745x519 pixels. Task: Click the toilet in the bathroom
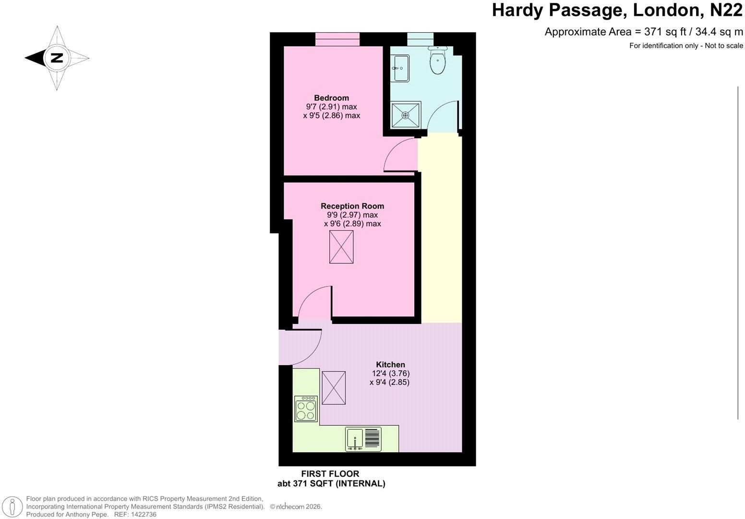437,61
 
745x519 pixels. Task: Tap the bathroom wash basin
400,68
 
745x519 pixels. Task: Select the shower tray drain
406,115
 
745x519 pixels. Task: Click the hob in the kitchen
306,409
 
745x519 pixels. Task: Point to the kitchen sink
363,439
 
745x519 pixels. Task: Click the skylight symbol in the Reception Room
341,247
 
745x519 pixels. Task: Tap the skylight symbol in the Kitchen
333,388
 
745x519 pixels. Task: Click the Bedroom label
331,98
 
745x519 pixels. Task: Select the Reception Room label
352,206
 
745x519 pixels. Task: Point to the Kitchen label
390,365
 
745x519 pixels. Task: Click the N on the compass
57,58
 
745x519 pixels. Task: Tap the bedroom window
337,39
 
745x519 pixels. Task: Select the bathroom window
421,39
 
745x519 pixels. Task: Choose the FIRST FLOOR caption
330,474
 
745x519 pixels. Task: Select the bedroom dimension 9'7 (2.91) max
332,107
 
